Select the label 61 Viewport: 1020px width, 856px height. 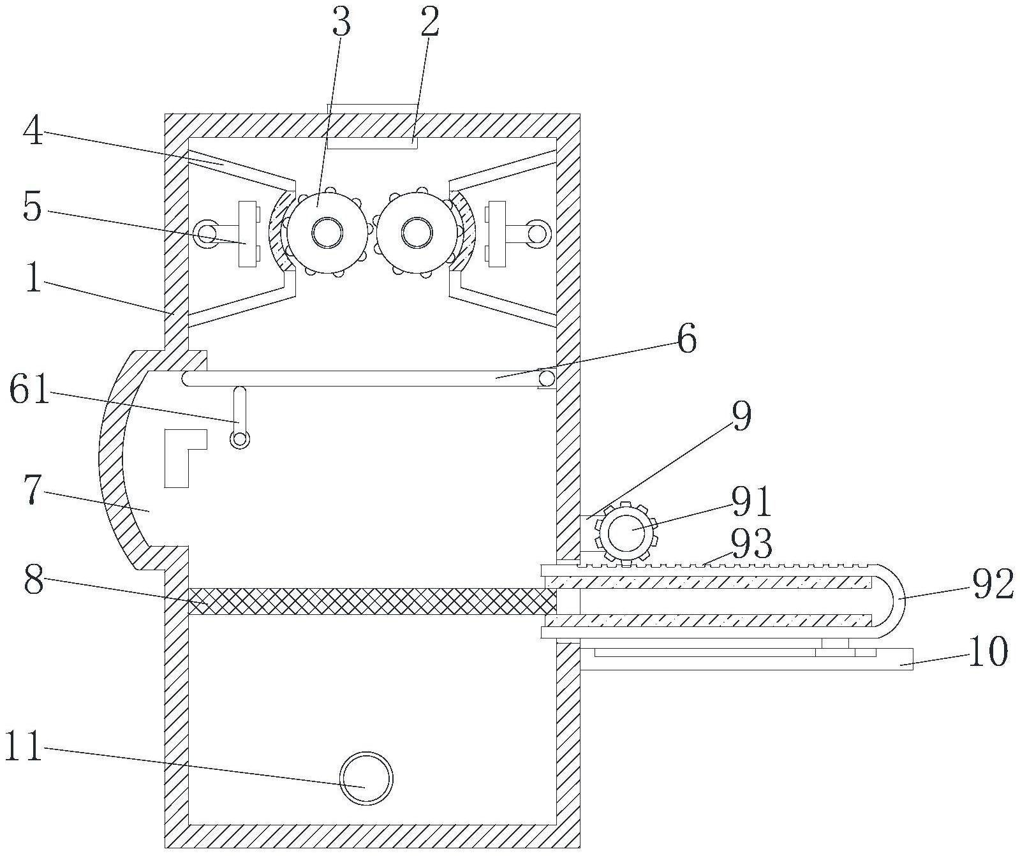point(29,391)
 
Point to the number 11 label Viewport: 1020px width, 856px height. point(24,746)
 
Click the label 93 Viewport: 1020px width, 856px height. point(751,543)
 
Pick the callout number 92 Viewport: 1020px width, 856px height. point(993,585)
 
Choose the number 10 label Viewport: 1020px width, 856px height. point(988,652)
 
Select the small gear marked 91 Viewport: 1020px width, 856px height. point(626,533)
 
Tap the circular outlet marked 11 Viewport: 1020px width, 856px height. point(366,778)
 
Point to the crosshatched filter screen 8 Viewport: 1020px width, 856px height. point(373,601)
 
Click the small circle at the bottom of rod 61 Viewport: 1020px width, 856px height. point(240,439)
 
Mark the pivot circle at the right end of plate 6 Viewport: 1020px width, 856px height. point(547,380)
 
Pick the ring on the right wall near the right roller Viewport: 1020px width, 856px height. point(538,234)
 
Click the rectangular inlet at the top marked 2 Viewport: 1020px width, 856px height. point(373,126)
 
